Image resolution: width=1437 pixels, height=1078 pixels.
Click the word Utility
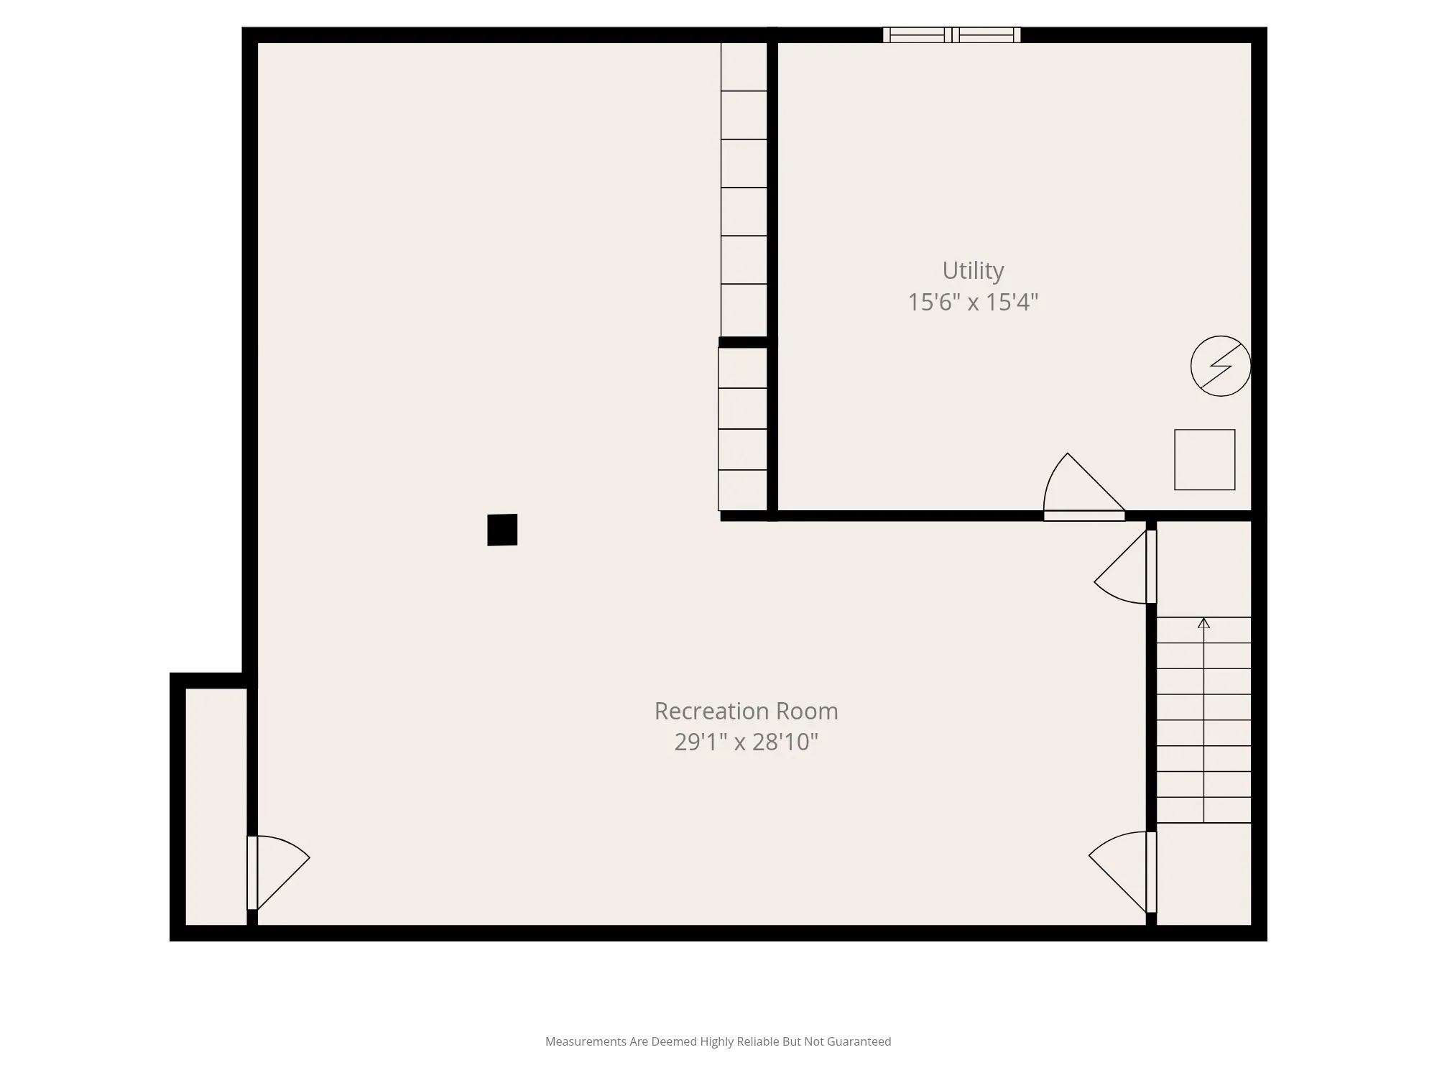[x=973, y=271]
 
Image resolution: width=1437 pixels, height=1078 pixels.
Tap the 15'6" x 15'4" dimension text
[x=973, y=302]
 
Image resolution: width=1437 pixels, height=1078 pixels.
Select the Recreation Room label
[x=746, y=711]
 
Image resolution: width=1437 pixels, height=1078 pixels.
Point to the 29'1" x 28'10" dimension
[x=746, y=742]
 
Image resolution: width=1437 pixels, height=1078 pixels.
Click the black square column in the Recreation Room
[x=502, y=530]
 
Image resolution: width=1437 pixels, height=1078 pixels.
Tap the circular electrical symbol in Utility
[x=1221, y=366]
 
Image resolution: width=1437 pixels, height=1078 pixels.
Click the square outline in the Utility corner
[x=1205, y=460]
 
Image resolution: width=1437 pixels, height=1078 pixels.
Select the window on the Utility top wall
[x=951, y=34]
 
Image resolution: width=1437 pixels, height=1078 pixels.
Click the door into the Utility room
[x=1084, y=487]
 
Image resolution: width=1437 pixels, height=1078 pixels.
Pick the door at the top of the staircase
[x=1125, y=566]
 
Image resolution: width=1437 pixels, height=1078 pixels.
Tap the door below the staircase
[x=1123, y=872]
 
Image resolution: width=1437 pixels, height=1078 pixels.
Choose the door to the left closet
[x=278, y=873]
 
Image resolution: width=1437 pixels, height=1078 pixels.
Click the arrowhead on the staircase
[x=1203, y=623]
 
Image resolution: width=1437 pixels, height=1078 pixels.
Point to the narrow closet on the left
[x=216, y=806]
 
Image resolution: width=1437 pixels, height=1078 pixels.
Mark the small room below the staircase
[x=1204, y=874]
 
